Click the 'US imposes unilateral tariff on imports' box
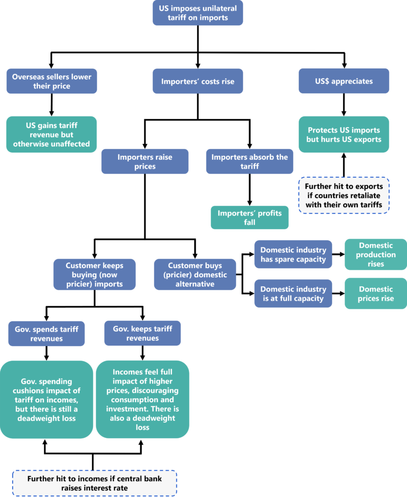tap(198, 13)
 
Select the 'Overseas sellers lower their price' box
tap(52, 81)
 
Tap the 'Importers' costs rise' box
tap(198, 81)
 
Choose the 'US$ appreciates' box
tap(344, 81)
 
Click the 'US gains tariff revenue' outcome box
tap(52, 134)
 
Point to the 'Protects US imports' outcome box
tap(344, 134)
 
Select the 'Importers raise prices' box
tap(144, 162)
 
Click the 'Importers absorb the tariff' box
tap(250, 162)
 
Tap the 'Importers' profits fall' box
tap(250, 217)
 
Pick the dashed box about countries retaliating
tap(344, 195)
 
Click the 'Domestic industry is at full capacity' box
tap(293, 293)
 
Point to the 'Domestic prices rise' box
tap(376, 293)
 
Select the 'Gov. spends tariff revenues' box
tap(47, 333)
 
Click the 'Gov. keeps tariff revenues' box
tap(142, 333)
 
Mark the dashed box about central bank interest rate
tap(94, 483)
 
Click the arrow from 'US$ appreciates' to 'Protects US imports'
tap(344, 104)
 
